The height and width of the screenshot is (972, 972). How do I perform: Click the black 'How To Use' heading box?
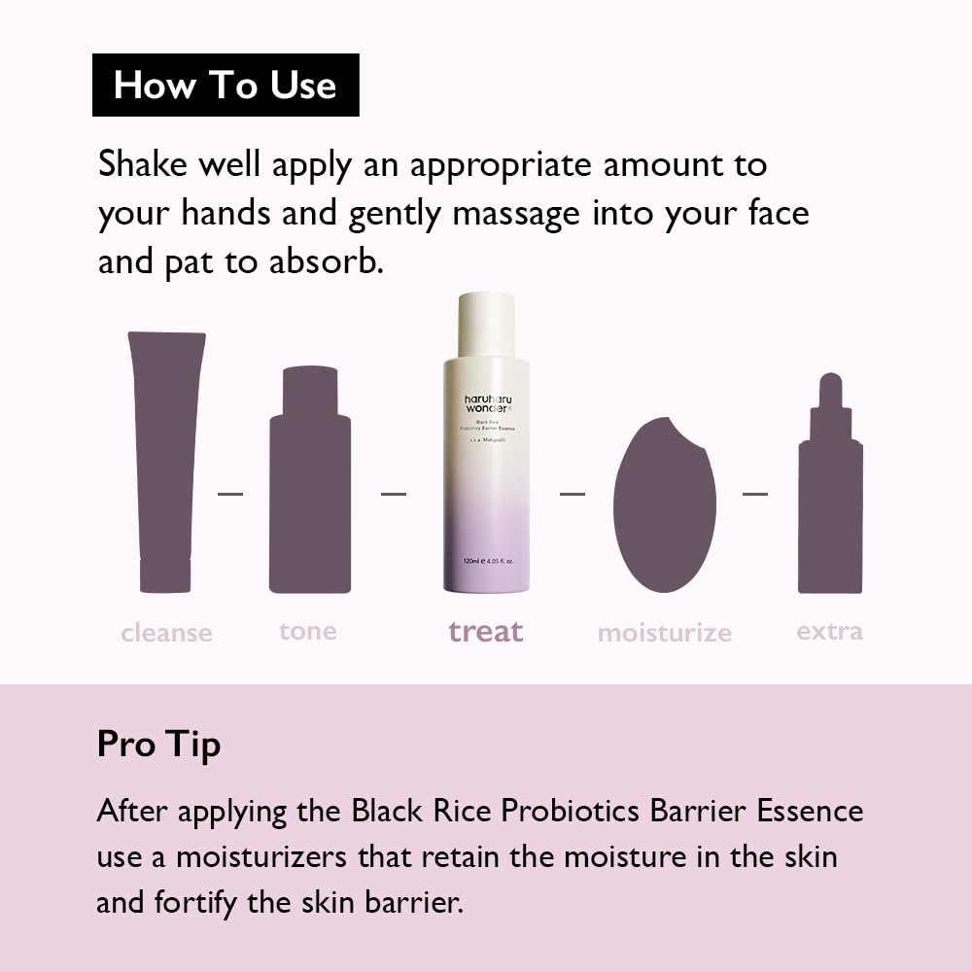[226, 86]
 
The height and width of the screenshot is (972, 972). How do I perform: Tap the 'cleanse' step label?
[166, 633]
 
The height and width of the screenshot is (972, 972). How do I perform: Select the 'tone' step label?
[308, 631]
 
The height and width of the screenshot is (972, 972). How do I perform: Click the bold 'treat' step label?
[486, 632]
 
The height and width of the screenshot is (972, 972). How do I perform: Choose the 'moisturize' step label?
[665, 633]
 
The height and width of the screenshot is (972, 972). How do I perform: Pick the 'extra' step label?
[829, 631]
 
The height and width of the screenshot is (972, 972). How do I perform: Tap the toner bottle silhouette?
[309, 486]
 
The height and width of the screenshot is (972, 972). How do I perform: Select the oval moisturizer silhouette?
[665, 505]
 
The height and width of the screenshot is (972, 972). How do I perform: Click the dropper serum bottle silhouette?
[830, 496]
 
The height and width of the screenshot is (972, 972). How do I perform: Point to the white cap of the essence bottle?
[486, 325]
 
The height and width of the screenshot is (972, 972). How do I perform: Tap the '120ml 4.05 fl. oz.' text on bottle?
[486, 562]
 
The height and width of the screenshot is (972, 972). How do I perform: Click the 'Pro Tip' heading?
[158, 744]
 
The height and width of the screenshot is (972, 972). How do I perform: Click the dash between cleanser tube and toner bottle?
[230, 494]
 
